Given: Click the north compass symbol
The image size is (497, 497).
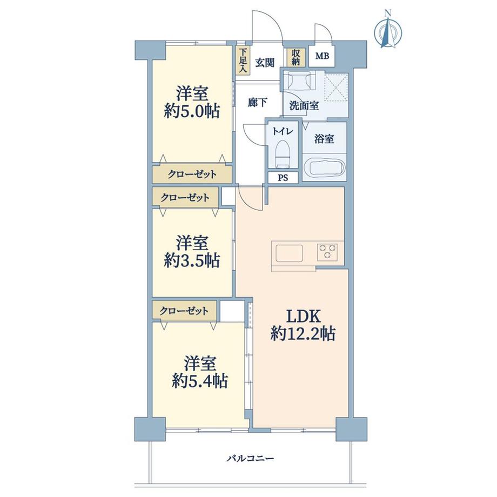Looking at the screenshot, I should point(388,32).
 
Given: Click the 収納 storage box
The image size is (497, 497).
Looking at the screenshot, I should point(295,57).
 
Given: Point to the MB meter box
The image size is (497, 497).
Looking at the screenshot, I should point(322,56).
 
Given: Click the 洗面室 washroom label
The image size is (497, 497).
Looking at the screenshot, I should point(304,106).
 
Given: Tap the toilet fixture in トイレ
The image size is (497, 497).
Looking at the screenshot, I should point(282,152).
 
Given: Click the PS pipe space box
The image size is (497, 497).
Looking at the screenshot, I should point(283,178).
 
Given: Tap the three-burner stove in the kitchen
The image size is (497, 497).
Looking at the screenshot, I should point(327,251).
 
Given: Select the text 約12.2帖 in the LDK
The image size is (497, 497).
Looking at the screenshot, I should point(303,335).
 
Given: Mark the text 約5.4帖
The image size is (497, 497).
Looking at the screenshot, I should point(199,381).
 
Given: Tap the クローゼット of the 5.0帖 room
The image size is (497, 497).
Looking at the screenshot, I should point(192,174).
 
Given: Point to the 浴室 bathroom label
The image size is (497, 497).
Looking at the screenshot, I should point(324,139).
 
